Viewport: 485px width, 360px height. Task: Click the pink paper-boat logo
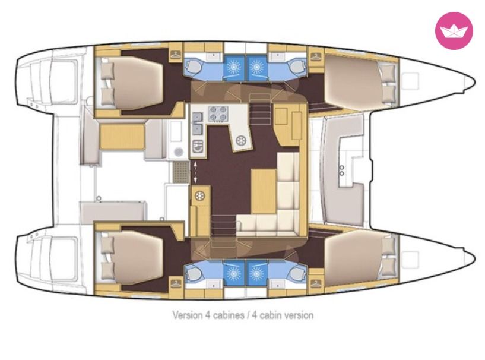[x=454, y=30]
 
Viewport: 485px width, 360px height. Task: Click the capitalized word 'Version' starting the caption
[x=188, y=315]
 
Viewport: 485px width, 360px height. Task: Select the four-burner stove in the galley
[x=218, y=113]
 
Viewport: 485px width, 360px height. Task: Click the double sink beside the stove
[x=197, y=124]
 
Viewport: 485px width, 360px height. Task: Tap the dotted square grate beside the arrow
[x=180, y=172]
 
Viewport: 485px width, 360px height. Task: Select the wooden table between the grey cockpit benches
[x=122, y=137]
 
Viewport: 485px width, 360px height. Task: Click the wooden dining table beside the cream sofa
[x=264, y=191]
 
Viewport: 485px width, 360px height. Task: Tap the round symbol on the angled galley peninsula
[x=240, y=141]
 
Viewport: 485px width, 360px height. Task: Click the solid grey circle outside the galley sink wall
[x=178, y=151]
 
